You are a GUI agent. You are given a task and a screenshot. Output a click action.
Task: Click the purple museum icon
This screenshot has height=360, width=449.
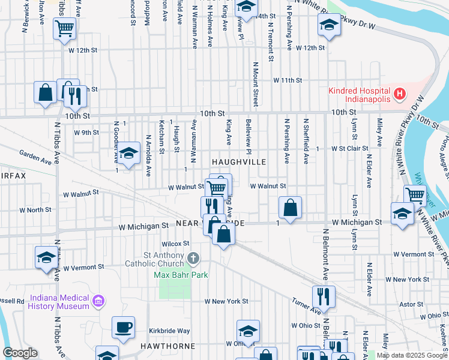click(x=99, y=301)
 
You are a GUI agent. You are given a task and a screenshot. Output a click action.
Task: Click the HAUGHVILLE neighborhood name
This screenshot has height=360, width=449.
click(x=238, y=163)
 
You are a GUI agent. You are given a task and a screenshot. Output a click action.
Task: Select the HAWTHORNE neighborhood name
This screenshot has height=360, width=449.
click(x=168, y=346)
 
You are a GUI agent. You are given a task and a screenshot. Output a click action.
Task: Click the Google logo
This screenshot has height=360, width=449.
click(x=20, y=353)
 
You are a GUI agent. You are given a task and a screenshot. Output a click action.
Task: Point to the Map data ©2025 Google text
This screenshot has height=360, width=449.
click(x=412, y=355)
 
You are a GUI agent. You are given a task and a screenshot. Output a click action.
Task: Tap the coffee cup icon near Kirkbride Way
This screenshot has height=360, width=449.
click(x=124, y=328)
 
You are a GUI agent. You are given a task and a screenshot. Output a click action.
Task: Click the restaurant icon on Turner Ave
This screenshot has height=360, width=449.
click(x=323, y=296)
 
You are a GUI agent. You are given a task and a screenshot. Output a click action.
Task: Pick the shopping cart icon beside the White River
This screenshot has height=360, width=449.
click(x=415, y=194)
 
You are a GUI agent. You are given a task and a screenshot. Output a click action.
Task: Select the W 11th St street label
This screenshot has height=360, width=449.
click(x=287, y=80)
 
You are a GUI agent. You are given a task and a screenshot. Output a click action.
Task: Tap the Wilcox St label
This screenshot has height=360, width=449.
click(x=175, y=244)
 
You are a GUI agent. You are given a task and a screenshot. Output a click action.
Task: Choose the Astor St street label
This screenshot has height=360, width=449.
click(x=411, y=304)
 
